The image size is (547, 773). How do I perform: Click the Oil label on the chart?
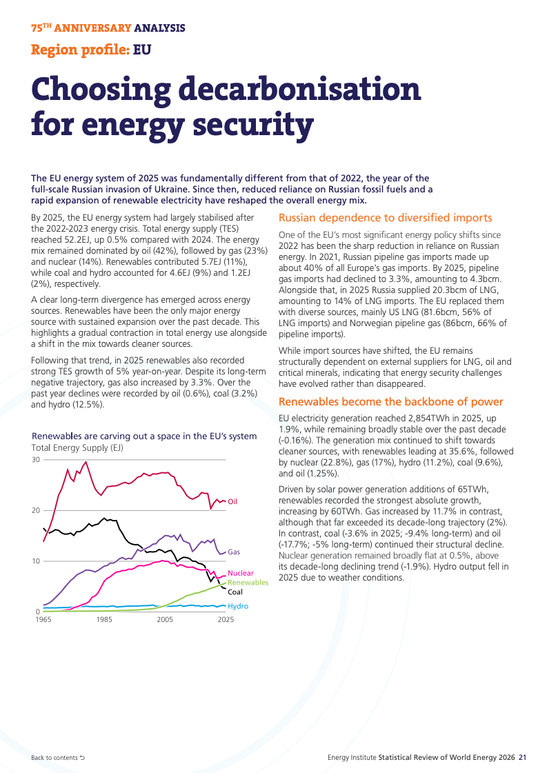232,501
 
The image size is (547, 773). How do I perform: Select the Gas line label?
234,552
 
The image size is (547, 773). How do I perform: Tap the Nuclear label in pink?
241,573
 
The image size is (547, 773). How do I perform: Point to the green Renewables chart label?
248,582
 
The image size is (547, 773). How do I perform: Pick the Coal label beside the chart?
235,592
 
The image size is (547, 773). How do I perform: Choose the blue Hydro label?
238,606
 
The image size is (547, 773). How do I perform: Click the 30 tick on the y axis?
35,459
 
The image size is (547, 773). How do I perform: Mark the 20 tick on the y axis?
35,510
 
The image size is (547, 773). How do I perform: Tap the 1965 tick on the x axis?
43,619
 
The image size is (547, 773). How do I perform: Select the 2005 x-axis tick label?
165,619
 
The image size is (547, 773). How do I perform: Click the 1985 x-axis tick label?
104,619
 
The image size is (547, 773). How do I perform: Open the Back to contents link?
58,758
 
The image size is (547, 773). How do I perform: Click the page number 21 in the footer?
522,757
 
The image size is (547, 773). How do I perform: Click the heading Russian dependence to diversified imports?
385,218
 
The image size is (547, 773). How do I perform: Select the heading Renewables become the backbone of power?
390,402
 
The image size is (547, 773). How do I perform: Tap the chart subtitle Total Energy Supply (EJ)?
77,448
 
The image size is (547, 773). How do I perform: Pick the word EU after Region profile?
142,50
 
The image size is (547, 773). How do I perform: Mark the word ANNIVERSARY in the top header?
92,28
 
